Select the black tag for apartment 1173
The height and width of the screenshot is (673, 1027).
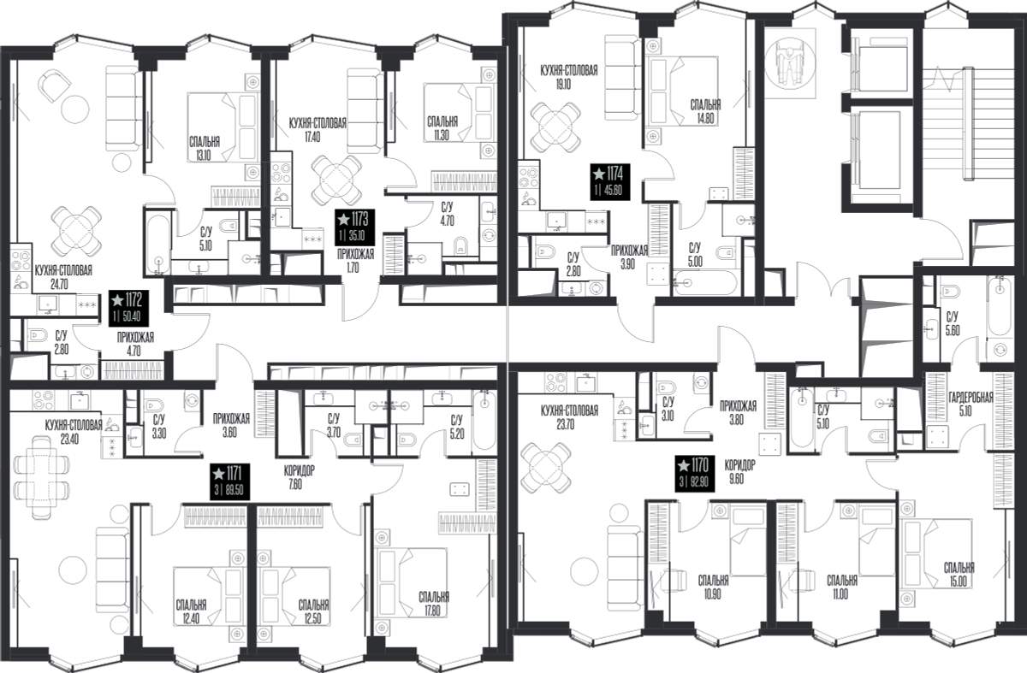[355, 227]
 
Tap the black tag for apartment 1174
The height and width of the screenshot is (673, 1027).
[610, 181]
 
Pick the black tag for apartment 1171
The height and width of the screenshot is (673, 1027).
[230, 481]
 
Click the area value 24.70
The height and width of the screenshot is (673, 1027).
[59, 285]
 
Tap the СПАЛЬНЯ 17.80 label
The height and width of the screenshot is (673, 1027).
[433, 605]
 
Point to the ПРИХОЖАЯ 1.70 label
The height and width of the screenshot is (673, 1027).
[355, 261]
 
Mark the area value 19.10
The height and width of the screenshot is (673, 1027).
[562, 85]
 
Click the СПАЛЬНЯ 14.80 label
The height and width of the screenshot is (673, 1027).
[705, 112]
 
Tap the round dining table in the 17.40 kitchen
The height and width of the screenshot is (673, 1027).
[336, 180]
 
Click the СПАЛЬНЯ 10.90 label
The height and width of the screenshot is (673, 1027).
[713, 587]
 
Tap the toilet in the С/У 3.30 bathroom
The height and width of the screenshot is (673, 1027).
[154, 406]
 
